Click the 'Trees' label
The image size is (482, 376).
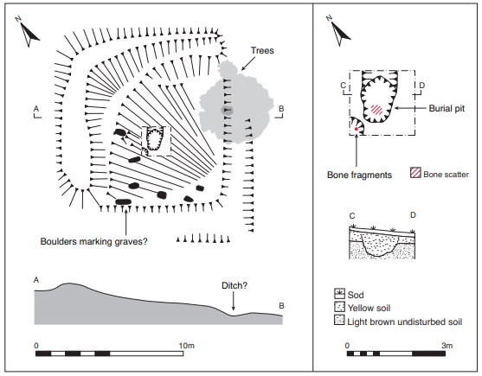click(x=262, y=50)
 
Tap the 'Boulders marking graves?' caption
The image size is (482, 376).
click(x=93, y=241)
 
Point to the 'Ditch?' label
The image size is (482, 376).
click(x=235, y=286)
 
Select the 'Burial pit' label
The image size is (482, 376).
click(x=447, y=108)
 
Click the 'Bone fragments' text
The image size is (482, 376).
click(x=359, y=175)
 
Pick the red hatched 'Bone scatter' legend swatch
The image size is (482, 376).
click(x=415, y=173)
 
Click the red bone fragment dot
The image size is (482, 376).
click(x=357, y=129)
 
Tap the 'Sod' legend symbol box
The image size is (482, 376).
click(x=339, y=294)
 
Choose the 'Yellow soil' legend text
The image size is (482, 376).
click(x=369, y=308)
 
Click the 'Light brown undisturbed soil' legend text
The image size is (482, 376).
click(x=404, y=322)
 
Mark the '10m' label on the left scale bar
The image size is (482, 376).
click(x=187, y=346)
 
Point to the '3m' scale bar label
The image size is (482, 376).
click(x=447, y=346)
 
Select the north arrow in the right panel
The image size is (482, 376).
click(x=339, y=31)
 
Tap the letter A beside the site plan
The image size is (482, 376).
click(x=36, y=109)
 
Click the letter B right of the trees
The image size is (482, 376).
click(x=281, y=109)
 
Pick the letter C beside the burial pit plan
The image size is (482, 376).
click(x=344, y=85)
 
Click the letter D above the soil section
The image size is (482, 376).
click(x=413, y=215)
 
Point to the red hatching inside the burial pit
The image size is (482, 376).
click(x=376, y=109)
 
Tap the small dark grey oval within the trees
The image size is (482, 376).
click(x=228, y=111)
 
